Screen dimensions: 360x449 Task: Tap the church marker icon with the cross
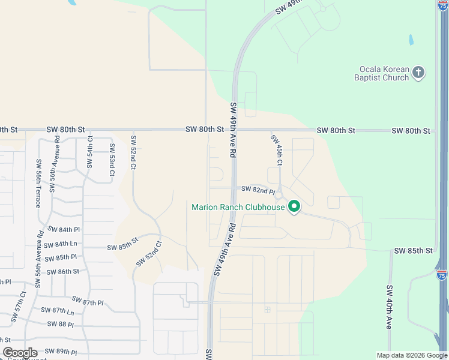419,73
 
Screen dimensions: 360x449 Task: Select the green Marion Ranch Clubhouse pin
294,207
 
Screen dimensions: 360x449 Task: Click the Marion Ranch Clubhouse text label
238,208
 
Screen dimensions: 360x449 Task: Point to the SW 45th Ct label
277,149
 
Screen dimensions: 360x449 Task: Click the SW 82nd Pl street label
258,189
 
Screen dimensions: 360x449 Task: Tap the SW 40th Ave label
389,307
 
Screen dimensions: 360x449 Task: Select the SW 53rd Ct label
112,160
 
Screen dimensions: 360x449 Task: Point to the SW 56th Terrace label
38,183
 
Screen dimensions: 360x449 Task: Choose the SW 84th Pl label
64,230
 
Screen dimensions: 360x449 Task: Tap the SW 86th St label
64,272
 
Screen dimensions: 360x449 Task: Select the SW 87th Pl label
88,300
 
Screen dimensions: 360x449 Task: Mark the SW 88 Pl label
58,325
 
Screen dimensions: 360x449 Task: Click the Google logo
20,353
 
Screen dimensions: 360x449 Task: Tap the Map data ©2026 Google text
411,355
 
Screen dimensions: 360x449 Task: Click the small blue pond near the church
411,41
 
